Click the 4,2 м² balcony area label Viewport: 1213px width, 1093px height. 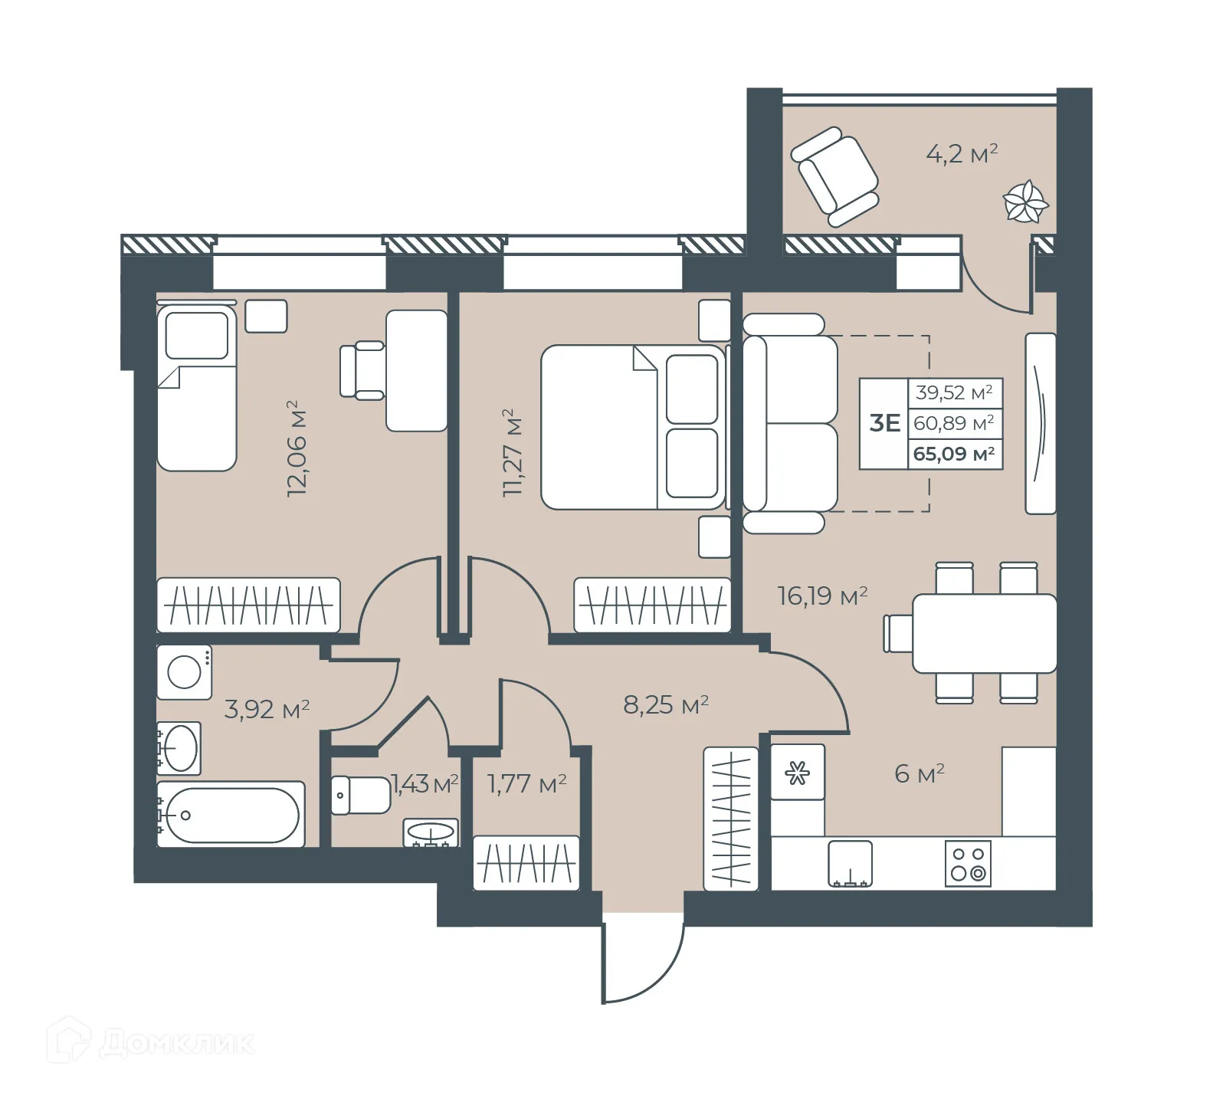click(x=962, y=154)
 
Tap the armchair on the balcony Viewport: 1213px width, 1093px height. click(x=834, y=177)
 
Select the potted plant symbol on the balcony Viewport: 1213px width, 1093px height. click(x=1024, y=202)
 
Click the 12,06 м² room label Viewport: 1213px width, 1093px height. click(x=297, y=448)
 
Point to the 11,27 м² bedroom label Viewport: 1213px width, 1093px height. click(x=512, y=453)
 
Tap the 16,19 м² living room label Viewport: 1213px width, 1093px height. click(x=822, y=596)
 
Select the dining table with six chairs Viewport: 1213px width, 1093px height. click(x=982, y=633)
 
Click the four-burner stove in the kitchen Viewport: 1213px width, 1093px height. click(x=968, y=864)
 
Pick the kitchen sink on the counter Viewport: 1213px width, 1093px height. click(x=850, y=864)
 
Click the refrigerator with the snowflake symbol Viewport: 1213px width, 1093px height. click(x=798, y=773)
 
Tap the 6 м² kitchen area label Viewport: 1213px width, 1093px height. click(x=919, y=773)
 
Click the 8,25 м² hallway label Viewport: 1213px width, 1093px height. click(x=665, y=704)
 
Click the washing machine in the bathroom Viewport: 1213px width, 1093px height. click(x=185, y=672)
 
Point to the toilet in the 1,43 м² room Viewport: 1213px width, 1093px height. click(x=360, y=795)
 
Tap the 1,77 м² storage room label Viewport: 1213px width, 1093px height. click(x=526, y=784)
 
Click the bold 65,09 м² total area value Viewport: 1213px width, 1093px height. click(x=954, y=454)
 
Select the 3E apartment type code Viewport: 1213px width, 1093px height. click(x=884, y=423)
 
